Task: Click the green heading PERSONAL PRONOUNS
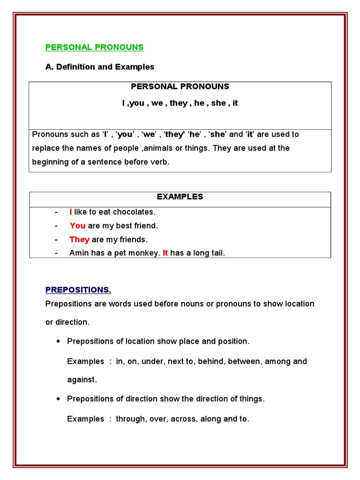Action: click(x=94, y=47)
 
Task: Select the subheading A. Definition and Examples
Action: click(x=99, y=67)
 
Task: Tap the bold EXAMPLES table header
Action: click(x=180, y=197)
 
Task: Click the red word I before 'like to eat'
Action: click(x=71, y=212)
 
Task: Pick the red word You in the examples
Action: click(x=77, y=226)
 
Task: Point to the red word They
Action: click(x=79, y=240)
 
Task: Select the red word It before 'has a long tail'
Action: click(x=165, y=253)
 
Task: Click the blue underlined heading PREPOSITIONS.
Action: click(x=78, y=290)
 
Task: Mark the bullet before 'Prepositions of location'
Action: click(x=58, y=342)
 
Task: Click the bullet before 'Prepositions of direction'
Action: click(x=58, y=399)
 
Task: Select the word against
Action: click(x=82, y=380)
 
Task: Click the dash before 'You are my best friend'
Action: click(x=56, y=226)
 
